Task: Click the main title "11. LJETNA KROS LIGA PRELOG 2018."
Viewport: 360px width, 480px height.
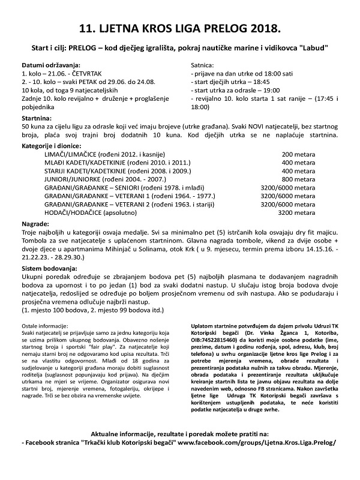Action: click(180, 28)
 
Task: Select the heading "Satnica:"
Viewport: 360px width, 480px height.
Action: click(203, 64)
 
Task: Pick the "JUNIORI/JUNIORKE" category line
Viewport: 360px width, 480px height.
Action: click(112, 179)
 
